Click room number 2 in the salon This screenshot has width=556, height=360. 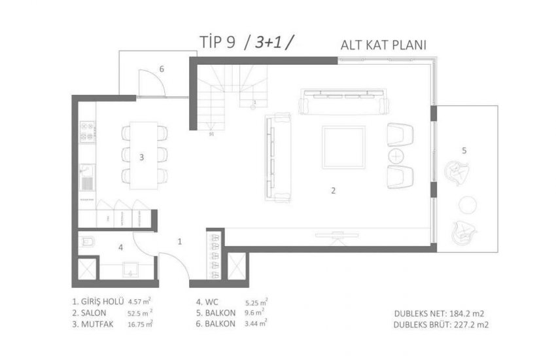coord(333,191)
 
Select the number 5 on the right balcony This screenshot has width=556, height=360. coord(464,151)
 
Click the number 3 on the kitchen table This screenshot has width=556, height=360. coord(141,157)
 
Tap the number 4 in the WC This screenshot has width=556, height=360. coord(120,247)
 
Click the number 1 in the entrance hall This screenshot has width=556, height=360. coord(180,241)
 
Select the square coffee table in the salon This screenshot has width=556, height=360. coord(343,148)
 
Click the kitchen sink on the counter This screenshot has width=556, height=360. coord(86,175)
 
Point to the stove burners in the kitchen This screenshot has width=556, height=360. coord(86,133)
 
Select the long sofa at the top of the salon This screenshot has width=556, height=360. coord(343,102)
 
